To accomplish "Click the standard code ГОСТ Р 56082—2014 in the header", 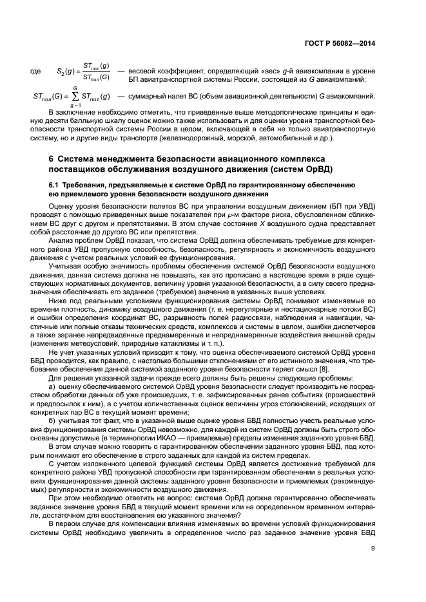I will point(340,44).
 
